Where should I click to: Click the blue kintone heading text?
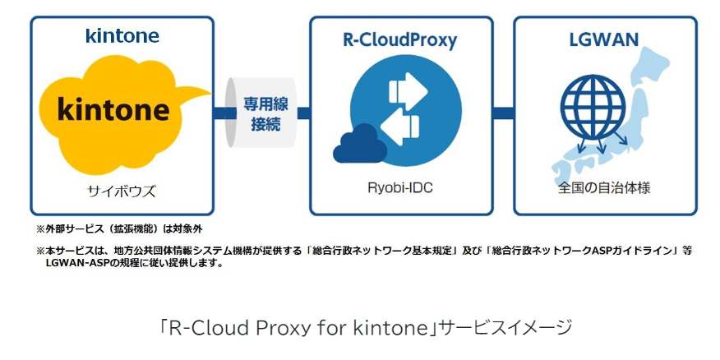(x=122, y=36)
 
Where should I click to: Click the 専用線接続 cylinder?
(x=261, y=113)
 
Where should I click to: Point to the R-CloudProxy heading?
(x=400, y=39)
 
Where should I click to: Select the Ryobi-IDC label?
(x=400, y=188)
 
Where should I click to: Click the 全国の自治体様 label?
(x=604, y=188)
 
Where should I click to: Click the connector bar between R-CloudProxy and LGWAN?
(x=503, y=113)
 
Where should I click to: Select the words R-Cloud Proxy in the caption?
(x=224, y=328)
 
